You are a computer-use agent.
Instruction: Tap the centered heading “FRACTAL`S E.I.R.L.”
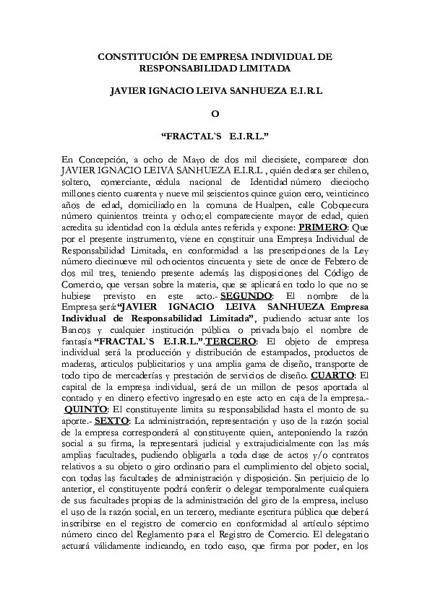215,136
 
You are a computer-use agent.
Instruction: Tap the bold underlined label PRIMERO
323,225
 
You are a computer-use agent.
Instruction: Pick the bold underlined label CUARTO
332,375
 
